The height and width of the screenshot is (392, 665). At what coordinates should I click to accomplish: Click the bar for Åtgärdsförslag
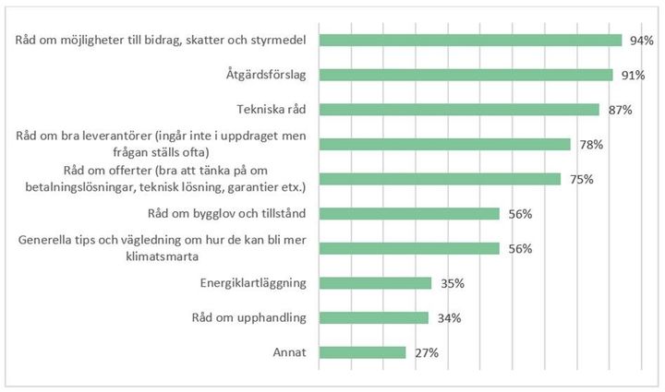(465, 75)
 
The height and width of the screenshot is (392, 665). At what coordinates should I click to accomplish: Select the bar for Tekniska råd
(459, 110)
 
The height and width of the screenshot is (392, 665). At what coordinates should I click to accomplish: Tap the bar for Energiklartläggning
(375, 283)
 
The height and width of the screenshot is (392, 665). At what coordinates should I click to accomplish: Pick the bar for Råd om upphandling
(373, 318)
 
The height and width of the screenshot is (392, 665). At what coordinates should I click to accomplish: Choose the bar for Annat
(362, 352)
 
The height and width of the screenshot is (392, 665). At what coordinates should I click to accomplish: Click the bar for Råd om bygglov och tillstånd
(409, 214)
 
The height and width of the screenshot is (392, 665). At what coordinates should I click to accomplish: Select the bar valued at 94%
(470, 41)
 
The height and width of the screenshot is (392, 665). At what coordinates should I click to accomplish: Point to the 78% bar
(444, 144)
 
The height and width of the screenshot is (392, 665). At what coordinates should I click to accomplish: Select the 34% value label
(449, 319)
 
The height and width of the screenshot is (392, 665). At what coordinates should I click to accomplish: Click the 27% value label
(427, 353)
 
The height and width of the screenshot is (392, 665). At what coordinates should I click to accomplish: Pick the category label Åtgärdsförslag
(267, 75)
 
